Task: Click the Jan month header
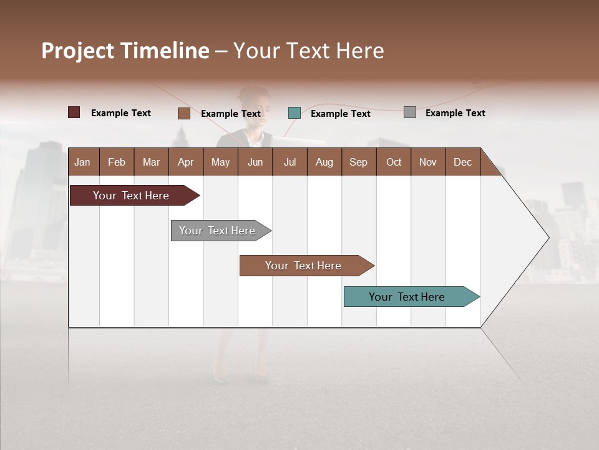(82, 162)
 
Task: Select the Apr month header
(185, 162)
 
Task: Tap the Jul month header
(290, 162)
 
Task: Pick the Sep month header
(358, 162)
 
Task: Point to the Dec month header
(462, 162)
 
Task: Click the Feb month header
(117, 162)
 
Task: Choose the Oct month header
(394, 162)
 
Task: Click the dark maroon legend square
(74, 112)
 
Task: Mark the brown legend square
(183, 113)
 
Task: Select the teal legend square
(295, 113)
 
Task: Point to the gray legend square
(409, 112)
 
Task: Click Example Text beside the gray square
(455, 113)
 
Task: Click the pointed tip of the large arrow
(547, 237)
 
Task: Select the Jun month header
(255, 162)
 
